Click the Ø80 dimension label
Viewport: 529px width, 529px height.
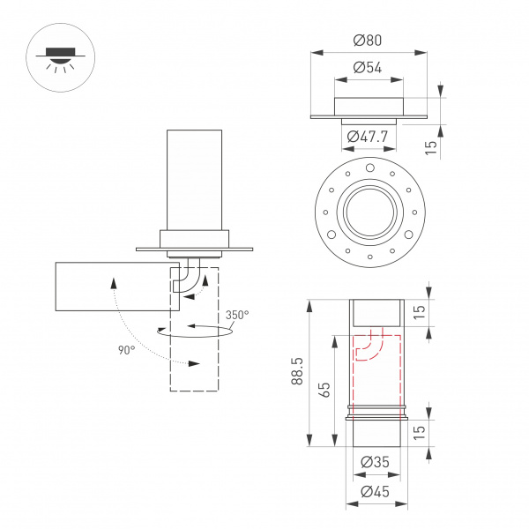tap(369, 41)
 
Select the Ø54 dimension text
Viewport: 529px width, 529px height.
tap(369, 67)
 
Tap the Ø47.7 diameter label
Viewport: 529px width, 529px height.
tap(369, 137)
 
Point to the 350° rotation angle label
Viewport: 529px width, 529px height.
tap(237, 315)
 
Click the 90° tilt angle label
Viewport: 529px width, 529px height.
tap(126, 350)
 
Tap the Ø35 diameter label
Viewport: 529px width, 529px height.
tap(376, 460)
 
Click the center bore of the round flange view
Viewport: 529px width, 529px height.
tap(369, 211)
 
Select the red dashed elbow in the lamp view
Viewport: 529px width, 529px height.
tap(369, 348)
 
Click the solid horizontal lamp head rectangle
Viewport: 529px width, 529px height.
tap(110, 287)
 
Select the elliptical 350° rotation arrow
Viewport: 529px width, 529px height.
tap(196, 332)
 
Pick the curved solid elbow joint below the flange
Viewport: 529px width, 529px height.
tap(185, 278)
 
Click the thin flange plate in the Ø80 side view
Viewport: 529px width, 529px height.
tap(369, 116)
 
